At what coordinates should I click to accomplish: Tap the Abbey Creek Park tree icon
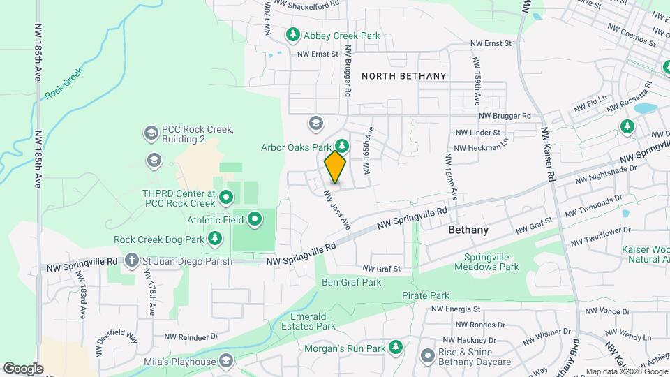pos(293,34)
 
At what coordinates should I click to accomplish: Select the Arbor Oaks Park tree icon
pos(342,146)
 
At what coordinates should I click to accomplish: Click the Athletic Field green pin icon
pos(255,220)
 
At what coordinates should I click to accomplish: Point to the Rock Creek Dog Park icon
pos(216,239)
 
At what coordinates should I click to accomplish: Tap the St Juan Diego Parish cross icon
pos(131,261)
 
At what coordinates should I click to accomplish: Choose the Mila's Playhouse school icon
pos(225,361)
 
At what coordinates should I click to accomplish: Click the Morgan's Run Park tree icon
pos(396,347)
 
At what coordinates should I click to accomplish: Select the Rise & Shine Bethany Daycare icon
pos(427,356)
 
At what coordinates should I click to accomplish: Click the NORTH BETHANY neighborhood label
pos(403,75)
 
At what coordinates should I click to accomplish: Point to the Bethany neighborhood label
pos(468,230)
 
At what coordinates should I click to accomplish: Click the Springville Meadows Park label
pos(486,261)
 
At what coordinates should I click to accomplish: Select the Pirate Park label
pos(426,296)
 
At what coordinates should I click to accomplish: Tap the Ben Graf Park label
pos(351,282)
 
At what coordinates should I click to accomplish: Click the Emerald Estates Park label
pos(309,320)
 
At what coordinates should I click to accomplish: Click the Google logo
pos(23,368)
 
